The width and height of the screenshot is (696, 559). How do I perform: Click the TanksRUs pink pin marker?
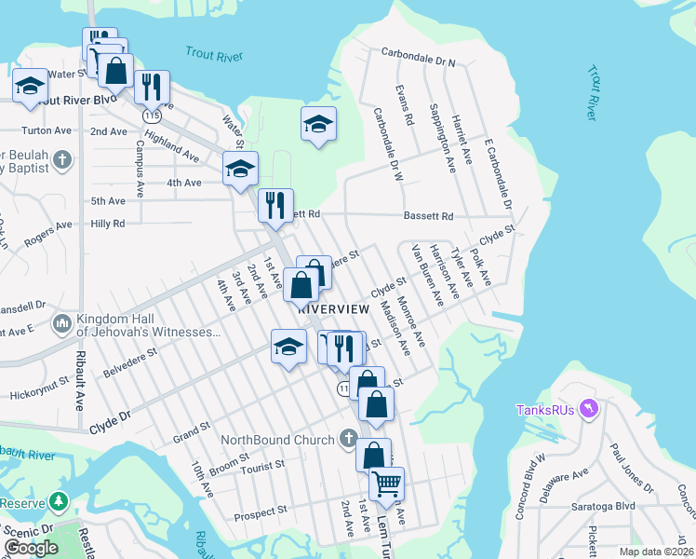pyautogui.click(x=588, y=408)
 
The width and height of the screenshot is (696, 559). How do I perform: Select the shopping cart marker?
pyautogui.click(x=386, y=484)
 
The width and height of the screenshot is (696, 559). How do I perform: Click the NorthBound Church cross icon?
pyautogui.click(x=348, y=438)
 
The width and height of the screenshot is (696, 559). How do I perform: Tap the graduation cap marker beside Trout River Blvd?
pyautogui.click(x=30, y=87)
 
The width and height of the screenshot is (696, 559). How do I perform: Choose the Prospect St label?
pyautogui.click(x=260, y=512)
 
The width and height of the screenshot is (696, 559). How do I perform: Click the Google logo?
pyautogui.click(x=31, y=549)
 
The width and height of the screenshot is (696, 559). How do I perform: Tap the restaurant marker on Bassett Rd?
pyautogui.click(x=275, y=205)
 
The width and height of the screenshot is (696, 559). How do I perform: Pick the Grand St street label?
pyautogui.click(x=192, y=435)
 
